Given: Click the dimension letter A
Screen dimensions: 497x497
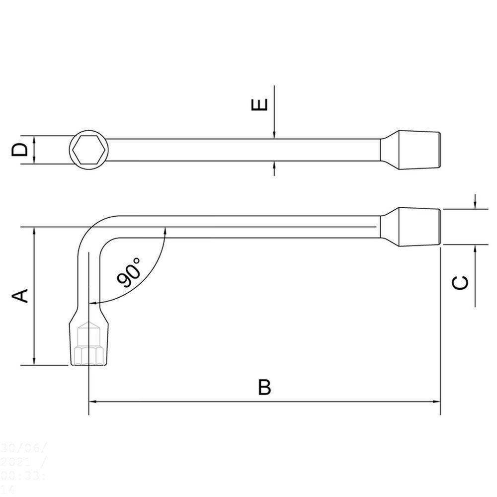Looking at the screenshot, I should coord(20,296).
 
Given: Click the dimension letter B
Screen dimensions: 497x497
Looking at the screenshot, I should coord(265,387).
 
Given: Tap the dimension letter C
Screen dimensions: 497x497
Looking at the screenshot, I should coord(460,282).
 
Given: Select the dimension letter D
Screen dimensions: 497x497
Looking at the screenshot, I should coord(19,149).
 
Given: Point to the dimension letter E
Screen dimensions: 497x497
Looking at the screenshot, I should coord(260,105).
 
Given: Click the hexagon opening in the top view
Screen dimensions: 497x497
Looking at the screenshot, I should coord(87,150).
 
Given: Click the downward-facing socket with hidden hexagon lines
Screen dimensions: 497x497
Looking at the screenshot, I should coord(88,343).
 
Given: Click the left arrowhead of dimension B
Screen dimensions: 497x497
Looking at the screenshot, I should coord(92,402).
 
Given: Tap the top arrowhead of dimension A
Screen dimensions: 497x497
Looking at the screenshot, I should coord(34,232).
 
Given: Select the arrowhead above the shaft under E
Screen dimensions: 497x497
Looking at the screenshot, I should coord(274,135).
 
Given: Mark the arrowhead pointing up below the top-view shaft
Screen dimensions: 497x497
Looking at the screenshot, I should coord(274,166).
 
